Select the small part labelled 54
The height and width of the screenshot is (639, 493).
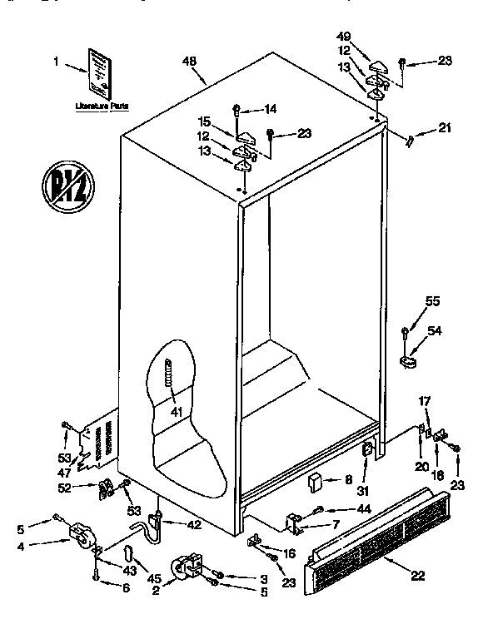[x=408, y=361]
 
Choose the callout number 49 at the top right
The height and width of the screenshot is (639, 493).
[x=343, y=37]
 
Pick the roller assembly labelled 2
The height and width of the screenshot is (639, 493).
[x=187, y=567]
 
